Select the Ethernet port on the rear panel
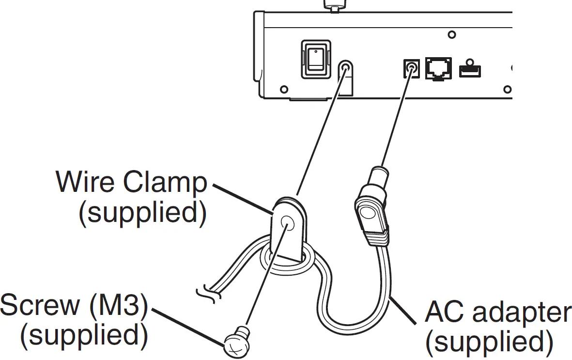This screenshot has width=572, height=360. point(439,68)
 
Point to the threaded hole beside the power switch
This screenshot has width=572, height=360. point(344,68)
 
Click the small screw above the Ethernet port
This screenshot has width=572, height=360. point(451,35)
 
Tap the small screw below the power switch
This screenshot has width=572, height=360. point(284,89)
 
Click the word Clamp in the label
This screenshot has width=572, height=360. point(165,182)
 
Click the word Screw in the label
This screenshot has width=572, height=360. point(40,305)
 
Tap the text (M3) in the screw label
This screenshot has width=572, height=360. point(120,306)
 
